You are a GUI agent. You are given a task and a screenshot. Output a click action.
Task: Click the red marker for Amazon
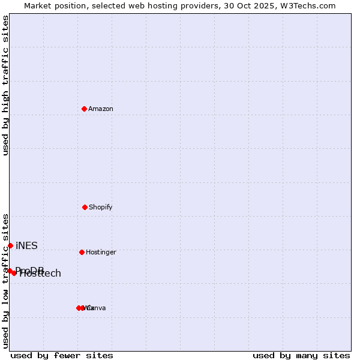[84, 109]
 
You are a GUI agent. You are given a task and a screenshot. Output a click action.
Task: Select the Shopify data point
[85, 207]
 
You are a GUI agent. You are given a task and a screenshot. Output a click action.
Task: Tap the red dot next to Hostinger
[82, 252]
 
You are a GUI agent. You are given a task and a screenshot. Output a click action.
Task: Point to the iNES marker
[10, 245]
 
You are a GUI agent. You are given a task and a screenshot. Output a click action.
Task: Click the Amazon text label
[101, 109]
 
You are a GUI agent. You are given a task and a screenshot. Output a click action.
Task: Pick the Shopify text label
[101, 207]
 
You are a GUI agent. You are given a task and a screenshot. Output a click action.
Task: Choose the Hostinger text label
[101, 252]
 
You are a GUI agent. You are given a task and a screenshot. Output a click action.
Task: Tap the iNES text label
[26, 245]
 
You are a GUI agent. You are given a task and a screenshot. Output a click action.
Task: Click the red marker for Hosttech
[14, 273]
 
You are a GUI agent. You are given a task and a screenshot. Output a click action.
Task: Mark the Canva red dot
[82, 308]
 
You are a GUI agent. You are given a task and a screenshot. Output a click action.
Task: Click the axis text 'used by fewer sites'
[62, 355]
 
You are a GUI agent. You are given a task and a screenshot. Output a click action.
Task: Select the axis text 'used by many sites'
[301, 355]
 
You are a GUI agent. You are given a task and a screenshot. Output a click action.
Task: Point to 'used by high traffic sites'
[5, 85]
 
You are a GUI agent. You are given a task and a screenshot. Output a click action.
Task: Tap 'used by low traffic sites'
[5, 281]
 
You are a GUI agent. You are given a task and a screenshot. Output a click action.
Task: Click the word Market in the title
[39, 5]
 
